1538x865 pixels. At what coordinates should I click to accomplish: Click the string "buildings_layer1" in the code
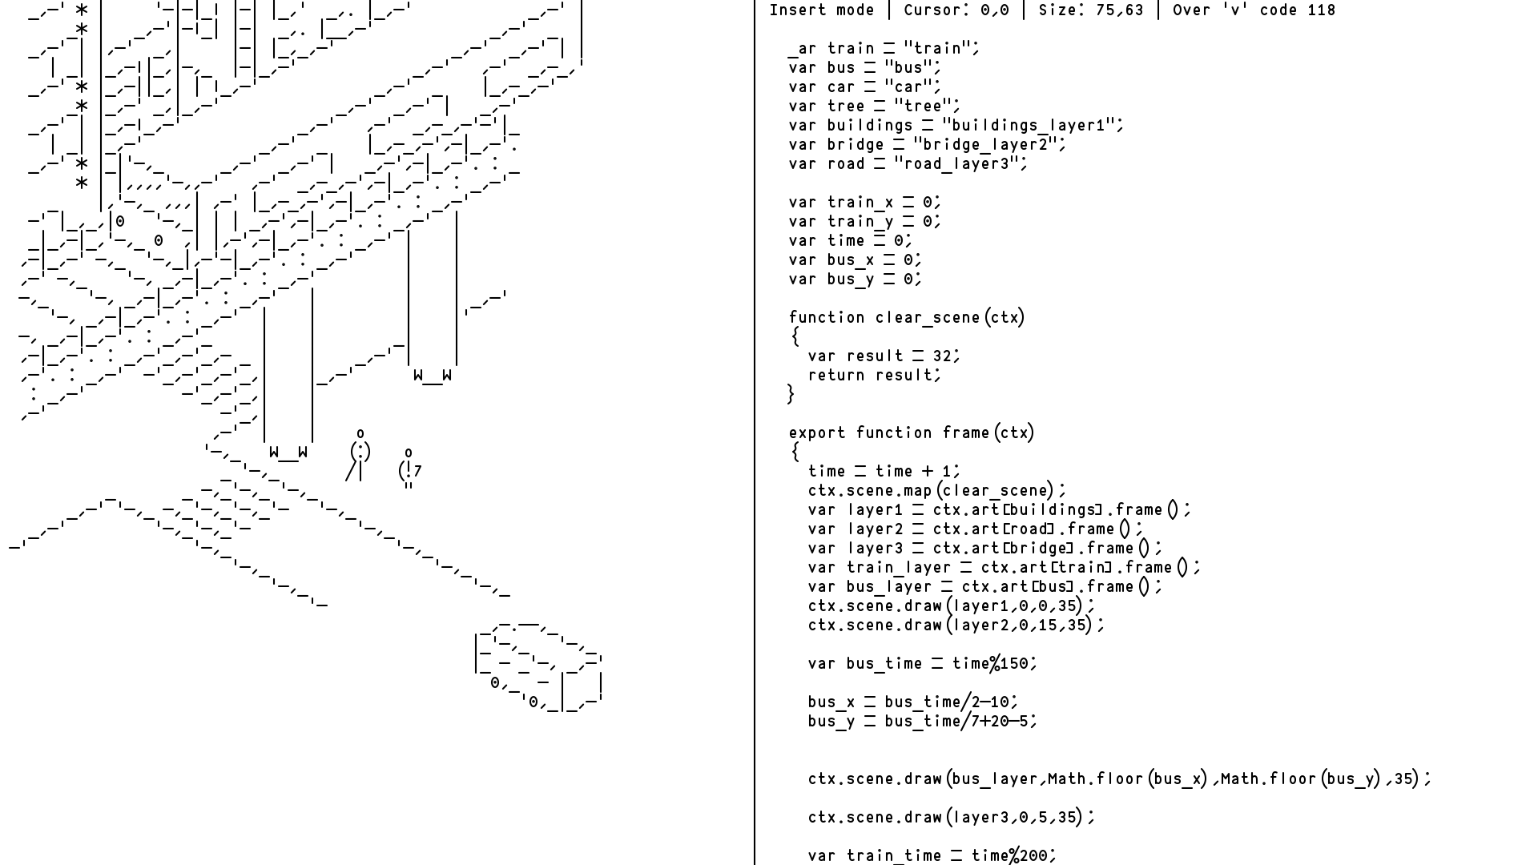coord(1033,126)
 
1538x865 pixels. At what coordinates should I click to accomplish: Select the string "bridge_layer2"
coord(989,145)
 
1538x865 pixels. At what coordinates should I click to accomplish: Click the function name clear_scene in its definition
coord(928,318)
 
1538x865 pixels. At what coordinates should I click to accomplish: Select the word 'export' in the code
coord(817,433)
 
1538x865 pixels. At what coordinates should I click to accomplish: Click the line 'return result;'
coord(875,376)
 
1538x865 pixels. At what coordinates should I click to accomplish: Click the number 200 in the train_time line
coord(1033,856)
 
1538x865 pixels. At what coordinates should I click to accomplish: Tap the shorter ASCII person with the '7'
coord(410,470)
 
